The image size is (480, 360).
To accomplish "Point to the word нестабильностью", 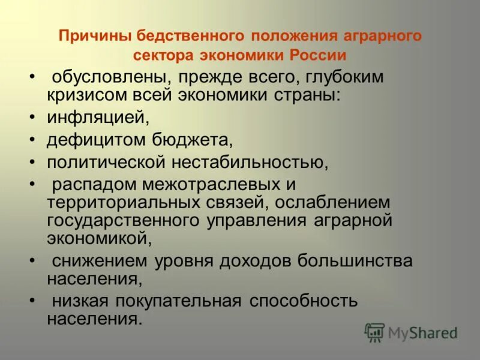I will tap(258, 162).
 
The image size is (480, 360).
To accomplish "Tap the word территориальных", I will tap(120, 202).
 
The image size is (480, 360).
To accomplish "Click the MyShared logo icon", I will tap(374, 332).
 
